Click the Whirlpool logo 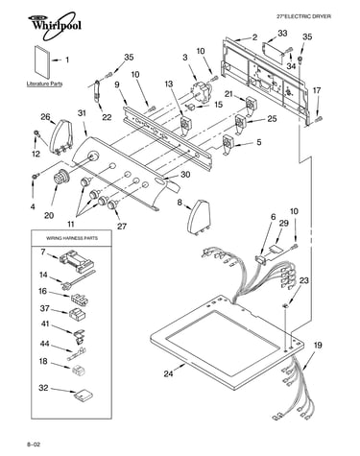coord(54,26)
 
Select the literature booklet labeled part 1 coord(42,62)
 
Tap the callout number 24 coord(169,373)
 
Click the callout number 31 coord(82,113)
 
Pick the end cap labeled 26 coord(62,136)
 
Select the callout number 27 coord(121,227)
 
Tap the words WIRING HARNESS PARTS coord(72,238)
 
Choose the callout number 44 coord(44,344)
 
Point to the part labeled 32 coord(84,395)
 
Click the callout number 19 coord(318,346)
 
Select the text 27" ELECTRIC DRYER coord(303,16)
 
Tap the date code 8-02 coord(34,444)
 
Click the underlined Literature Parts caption coord(44,84)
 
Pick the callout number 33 coord(282,33)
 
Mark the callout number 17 coord(316,90)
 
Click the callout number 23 coord(303,280)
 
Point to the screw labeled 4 coord(35,176)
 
